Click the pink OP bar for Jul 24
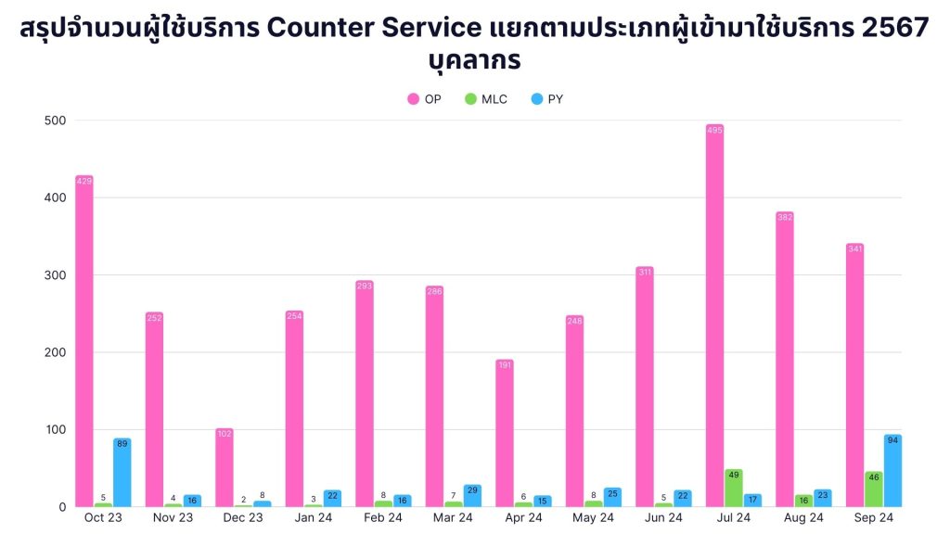coord(714,315)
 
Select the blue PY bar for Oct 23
coord(122,473)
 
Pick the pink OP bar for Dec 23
coord(225,467)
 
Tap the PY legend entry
coord(546,99)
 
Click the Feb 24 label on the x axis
coord(382,517)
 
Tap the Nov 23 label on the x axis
coord(173,517)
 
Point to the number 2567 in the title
coord(893,29)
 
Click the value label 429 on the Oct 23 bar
coord(84,182)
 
